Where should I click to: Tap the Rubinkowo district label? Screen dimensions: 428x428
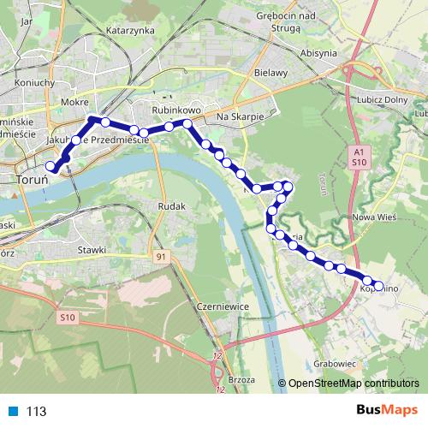coord(175,110)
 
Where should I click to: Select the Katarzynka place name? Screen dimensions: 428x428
coord(129,30)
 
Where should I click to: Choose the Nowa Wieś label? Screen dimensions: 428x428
coord(373,217)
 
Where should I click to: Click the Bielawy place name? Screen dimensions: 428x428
coord(270,74)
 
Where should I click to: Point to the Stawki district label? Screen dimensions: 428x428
coord(91,249)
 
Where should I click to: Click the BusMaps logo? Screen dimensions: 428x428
coord(390,411)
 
